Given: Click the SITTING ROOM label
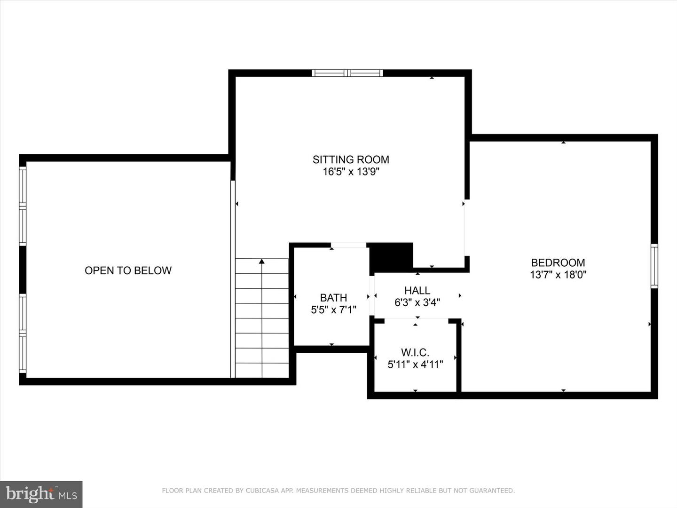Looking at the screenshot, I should pyautogui.click(x=351, y=159).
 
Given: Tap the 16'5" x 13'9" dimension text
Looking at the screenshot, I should pyautogui.click(x=351, y=172).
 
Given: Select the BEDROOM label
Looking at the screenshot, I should pyautogui.click(x=558, y=262).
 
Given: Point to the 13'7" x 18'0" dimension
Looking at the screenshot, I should pyautogui.click(x=558, y=275).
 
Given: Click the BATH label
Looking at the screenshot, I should pyautogui.click(x=333, y=298).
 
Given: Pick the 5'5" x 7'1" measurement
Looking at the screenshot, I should pyautogui.click(x=333, y=310).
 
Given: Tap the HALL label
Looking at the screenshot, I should pyautogui.click(x=417, y=290).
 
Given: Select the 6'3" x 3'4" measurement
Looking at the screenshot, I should pyautogui.click(x=417, y=302).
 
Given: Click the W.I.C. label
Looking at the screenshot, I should pyautogui.click(x=415, y=352).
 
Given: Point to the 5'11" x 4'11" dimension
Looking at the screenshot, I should pyautogui.click(x=415, y=364).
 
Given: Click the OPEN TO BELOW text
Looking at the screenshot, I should pyautogui.click(x=128, y=270).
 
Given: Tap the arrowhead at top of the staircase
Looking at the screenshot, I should pyautogui.click(x=262, y=261).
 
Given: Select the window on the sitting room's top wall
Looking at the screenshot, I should pyautogui.click(x=347, y=73).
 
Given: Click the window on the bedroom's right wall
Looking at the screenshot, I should pyautogui.click(x=654, y=266).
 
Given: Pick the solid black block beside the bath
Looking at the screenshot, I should pyautogui.click(x=391, y=257).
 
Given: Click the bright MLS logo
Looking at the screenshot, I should pyautogui.click(x=41, y=494).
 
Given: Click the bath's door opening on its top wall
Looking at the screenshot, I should pyautogui.click(x=348, y=245).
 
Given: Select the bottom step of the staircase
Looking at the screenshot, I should pyautogui.click(x=262, y=370).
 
